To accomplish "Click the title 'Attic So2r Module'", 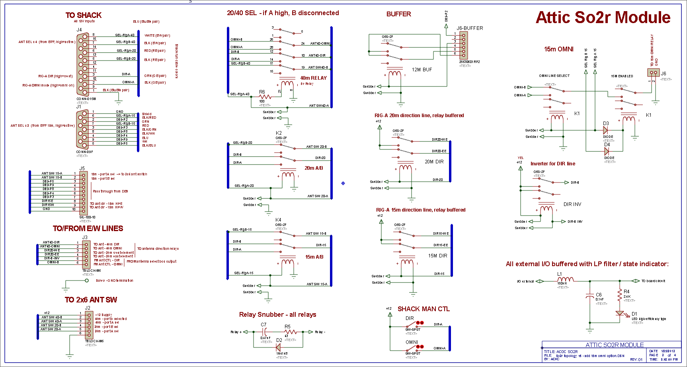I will tap(603, 18).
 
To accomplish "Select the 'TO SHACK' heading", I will tap(83, 15).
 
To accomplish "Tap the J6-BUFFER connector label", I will tap(470, 28).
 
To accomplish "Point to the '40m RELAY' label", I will tap(313, 78).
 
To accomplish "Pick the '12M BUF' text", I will tap(422, 70).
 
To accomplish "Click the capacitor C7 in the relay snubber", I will tap(265, 332).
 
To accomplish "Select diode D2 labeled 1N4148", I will tap(278, 347).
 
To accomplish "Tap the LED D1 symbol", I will tap(619, 314).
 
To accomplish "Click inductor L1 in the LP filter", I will tap(565, 280).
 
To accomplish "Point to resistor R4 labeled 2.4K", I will tap(619, 295).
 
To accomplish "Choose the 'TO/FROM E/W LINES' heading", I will tap(88, 228).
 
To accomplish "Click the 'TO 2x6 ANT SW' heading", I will tap(91, 300).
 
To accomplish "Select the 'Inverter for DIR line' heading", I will tap(552, 164).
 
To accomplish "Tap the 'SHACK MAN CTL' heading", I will tap(424, 309).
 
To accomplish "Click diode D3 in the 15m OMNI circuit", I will tap(605, 130).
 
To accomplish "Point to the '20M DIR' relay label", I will tap(434, 162).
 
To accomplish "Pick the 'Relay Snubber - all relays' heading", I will tap(277, 314).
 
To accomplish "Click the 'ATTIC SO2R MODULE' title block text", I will tap(615, 345).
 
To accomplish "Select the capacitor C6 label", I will tap(599, 295).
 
